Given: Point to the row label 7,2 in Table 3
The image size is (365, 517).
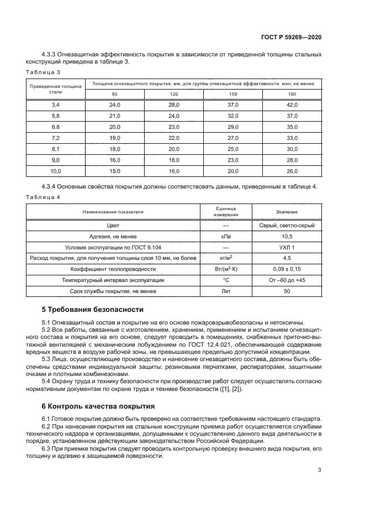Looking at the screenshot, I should pyautogui.click(x=55, y=137).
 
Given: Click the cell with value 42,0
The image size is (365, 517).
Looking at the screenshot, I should pyautogui.click(x=292, y=105).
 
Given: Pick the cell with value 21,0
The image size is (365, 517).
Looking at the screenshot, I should pyautogui.click(x=114, y=116).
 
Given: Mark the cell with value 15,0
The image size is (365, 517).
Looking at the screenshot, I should pyautogui.click(x=114, y=171).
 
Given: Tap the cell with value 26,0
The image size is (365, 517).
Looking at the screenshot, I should pyautogui.click(x=292, y=171).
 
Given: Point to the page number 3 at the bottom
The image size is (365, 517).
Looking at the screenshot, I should pyautogui.click(x=320, y=470).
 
